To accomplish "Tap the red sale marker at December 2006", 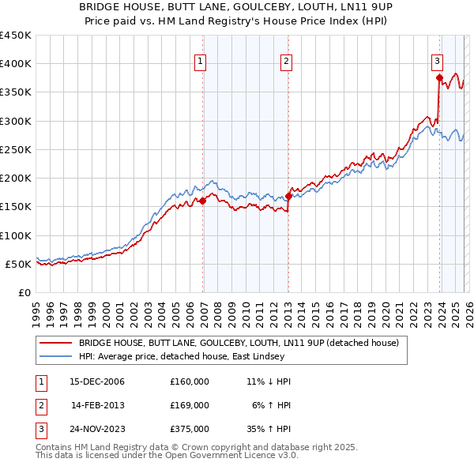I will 203,201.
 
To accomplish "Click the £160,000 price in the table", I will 190,381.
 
